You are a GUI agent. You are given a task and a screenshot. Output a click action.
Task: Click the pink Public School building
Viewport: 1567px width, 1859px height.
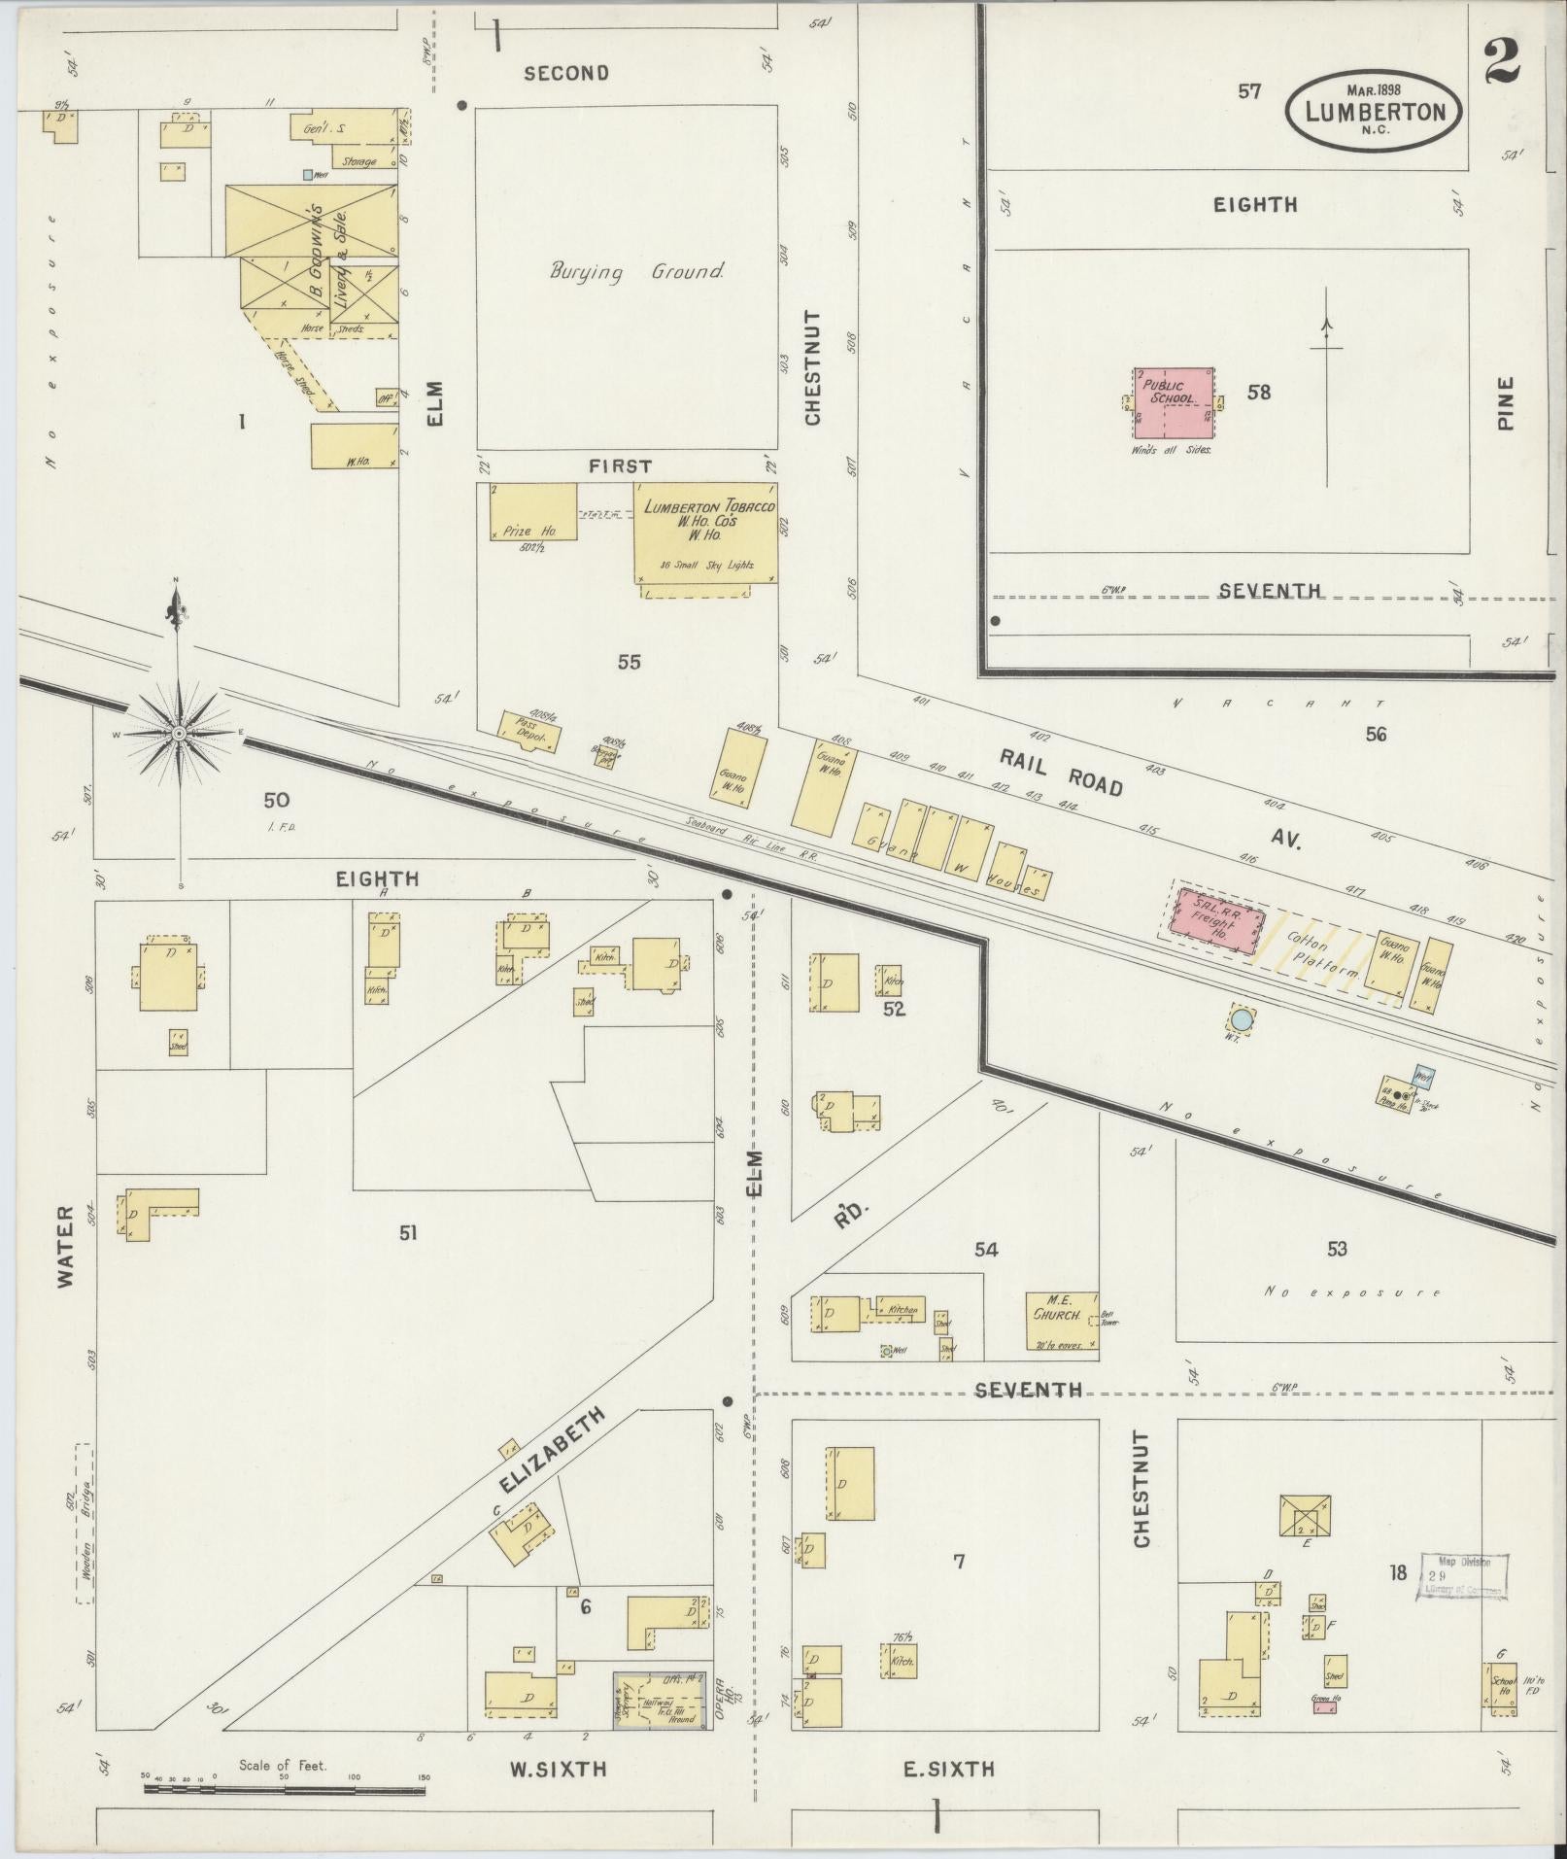click(x=1173, y=402)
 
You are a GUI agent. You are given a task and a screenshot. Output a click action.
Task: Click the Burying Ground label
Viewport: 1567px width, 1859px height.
click(x=636, y=272)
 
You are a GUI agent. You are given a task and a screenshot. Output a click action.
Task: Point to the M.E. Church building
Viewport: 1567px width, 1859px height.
click(x=1062, y=1321)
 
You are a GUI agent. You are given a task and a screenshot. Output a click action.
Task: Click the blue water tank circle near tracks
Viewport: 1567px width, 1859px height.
click(x=1242, y=1020)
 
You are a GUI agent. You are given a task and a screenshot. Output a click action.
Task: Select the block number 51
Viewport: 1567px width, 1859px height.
click(x=407, y=1232)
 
